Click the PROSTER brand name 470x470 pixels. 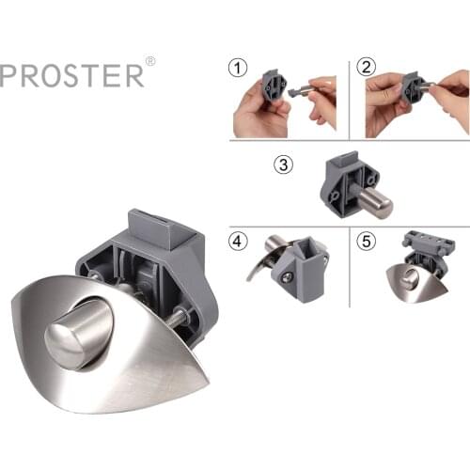point(71,75)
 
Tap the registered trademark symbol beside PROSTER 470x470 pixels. point(150,62)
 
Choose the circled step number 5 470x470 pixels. point(366,241)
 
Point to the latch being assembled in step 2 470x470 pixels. point(414,90)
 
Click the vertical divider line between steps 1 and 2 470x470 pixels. point(350,99)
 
